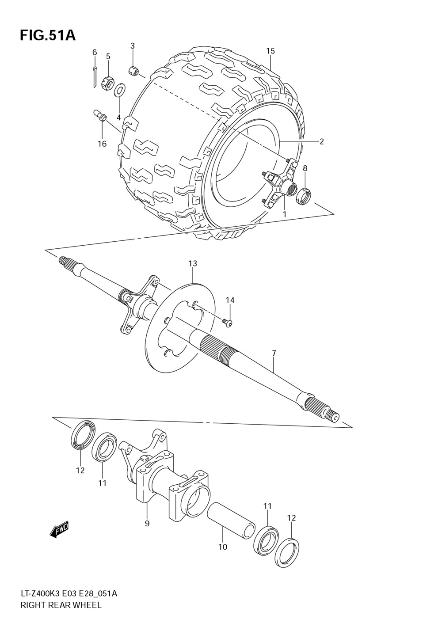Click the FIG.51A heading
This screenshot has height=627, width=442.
point(48,35)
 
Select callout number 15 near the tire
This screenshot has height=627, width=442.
point(271,51)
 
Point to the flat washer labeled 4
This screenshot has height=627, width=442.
point(120,90)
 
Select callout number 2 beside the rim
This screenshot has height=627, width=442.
point(321,142)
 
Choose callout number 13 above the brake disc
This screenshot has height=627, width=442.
point(193,263)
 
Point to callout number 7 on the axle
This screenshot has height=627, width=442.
point(274,353)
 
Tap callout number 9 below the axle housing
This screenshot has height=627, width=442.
point(147,523)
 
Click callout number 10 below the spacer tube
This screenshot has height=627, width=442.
point(223,547)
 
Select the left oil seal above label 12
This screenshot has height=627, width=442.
point(82,435)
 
